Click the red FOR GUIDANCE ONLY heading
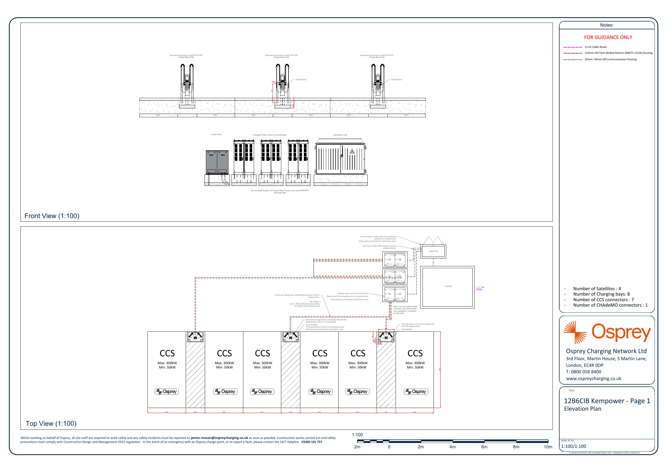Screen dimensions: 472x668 tap(608, 37)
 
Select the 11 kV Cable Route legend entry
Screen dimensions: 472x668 tap(596, 47)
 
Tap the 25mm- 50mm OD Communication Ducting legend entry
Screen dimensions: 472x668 tap(610, 59)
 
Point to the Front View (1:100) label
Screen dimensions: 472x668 tap(52, 216)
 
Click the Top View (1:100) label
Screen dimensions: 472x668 tap(51, 423)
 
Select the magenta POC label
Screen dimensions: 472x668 tap(479, 289)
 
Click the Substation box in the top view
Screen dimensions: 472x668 tap(448, 287)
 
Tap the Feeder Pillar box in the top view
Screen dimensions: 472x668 tap(434, 251)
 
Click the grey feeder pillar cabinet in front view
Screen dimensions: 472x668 tap(217, 162)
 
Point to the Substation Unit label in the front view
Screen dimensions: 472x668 tap(340, 135)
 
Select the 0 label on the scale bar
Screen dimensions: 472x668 tap(389, 447)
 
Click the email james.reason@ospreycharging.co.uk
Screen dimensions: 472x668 tap(219, 438)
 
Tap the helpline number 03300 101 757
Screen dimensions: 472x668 tap(312, 442)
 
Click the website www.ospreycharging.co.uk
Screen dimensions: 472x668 tap(593, 378)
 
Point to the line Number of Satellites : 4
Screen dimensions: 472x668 tap(597, 289)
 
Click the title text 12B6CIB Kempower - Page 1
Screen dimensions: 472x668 tap(607, 401)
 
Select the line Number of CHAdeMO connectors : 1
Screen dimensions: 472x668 tap(610, 305)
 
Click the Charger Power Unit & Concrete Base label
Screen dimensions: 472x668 tap(270, 135)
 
